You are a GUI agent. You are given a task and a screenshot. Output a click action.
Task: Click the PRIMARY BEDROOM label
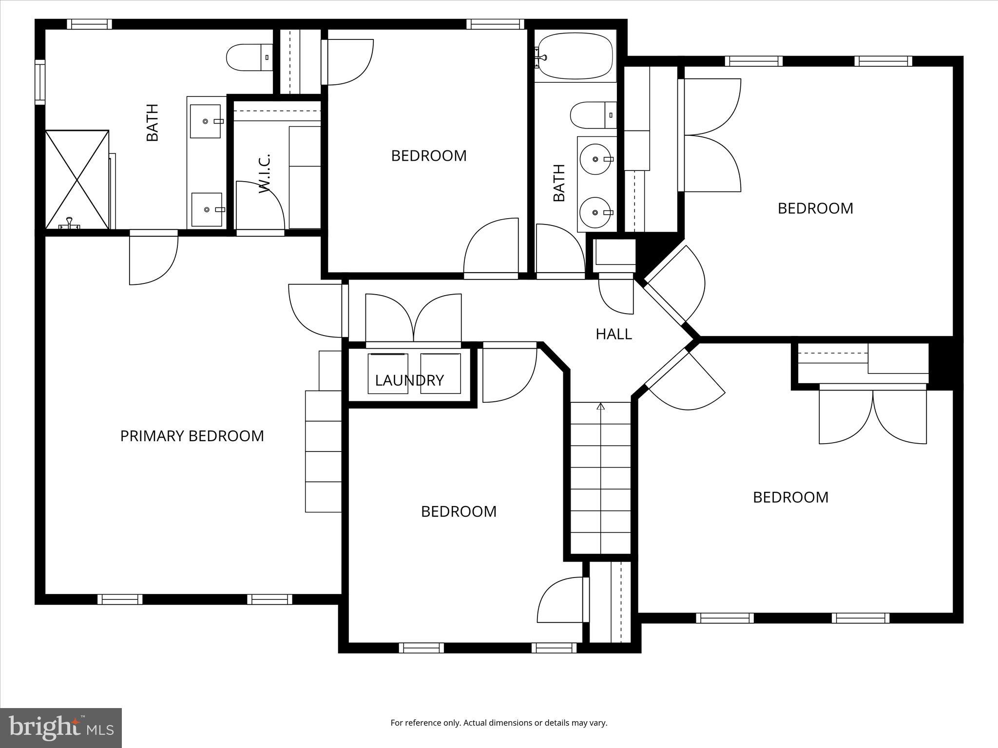192,436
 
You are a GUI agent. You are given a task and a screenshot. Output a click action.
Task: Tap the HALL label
614,334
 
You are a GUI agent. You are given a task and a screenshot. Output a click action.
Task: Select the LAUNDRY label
409,380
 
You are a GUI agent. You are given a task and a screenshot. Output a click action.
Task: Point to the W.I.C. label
265,174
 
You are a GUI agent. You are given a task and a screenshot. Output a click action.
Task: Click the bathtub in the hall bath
575,56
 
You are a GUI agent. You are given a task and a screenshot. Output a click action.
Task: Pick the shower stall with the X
77,179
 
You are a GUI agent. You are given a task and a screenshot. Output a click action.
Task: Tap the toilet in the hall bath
592,115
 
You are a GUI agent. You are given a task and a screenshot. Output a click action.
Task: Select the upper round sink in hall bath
595,159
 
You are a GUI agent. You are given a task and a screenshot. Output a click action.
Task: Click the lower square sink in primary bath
207,209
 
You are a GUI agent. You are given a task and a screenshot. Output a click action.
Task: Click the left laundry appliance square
388,374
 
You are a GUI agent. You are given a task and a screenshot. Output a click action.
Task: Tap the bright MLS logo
61,728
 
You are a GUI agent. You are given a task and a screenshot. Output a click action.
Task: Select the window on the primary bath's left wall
40,82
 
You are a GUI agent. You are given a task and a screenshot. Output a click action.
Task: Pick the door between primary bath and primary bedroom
154,258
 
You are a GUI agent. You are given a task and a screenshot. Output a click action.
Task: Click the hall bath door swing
559,249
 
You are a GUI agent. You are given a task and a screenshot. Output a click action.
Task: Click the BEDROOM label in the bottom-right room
790,497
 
